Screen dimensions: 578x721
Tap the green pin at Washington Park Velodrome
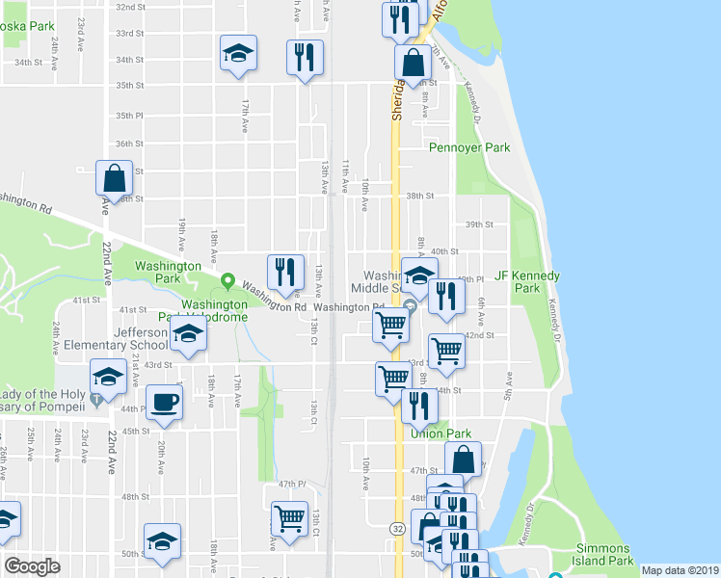[x=227, y=282]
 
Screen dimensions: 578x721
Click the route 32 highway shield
[x=397, y=529]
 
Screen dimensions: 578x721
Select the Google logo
[x=32, y=566]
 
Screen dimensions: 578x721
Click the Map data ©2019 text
[x=679, y=570]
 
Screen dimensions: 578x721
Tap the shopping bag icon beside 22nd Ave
[x=114, y=178]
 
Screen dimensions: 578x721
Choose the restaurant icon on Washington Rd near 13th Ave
[x=285, y=274]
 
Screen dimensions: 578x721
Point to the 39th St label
[x=479, y=224]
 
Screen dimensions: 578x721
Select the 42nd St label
[x=479, y=335]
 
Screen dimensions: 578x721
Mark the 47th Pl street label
[x=291, y=484]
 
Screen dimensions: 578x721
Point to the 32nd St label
[x=130, y=6]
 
